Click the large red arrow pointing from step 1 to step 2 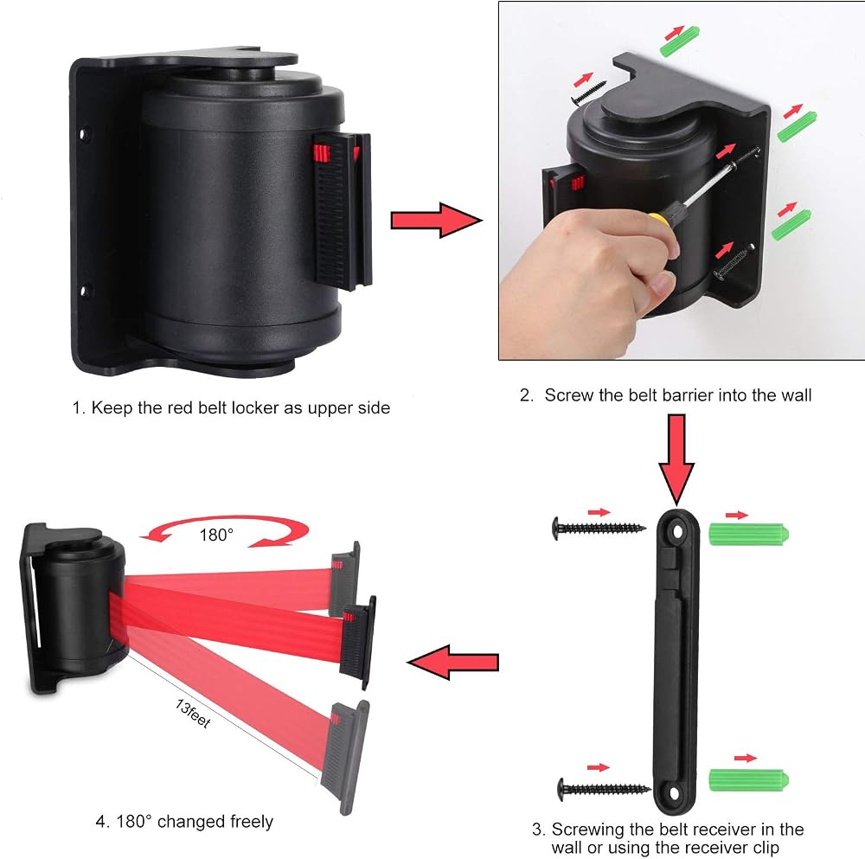coord(436,220)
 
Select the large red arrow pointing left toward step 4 coord(452,662)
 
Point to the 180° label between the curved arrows coord(216,535)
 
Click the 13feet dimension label coord(193,714)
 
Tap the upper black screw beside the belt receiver coord(599,529)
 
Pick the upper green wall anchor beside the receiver coord(748,534)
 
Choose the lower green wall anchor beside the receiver coord(748,779)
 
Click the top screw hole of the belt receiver coord(677,532)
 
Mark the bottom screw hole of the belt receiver coord(674,793)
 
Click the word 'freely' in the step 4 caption coord(252,822)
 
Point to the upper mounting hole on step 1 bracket coord(84,133)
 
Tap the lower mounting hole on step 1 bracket coord(85,290)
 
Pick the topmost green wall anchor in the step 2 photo coord(680,42)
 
